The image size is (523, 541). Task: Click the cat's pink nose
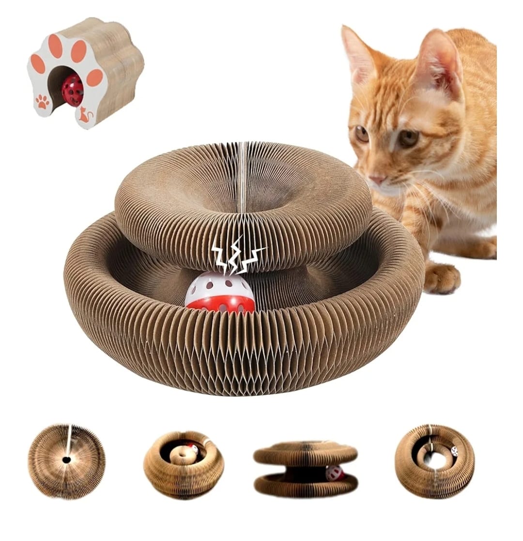coord(377,179)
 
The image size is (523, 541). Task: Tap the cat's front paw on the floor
coord(442,278)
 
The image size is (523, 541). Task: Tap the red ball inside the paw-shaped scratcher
coord(73,90)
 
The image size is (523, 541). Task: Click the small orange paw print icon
coord(42,102)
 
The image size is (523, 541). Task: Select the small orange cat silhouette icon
coord(85,115)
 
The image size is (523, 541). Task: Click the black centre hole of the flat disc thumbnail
coord(66,460)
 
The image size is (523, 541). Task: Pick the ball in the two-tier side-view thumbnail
coord(334,473)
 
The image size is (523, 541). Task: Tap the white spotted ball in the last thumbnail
coord(454,451)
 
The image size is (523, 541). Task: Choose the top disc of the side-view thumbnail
coord(305,453)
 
